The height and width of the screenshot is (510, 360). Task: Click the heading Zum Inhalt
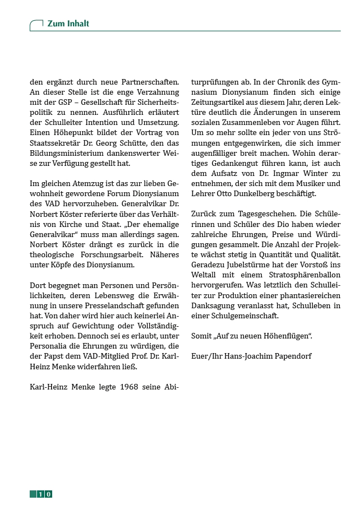[x=68, y=24]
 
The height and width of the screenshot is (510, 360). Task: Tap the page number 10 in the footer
[x=45, y=494]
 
